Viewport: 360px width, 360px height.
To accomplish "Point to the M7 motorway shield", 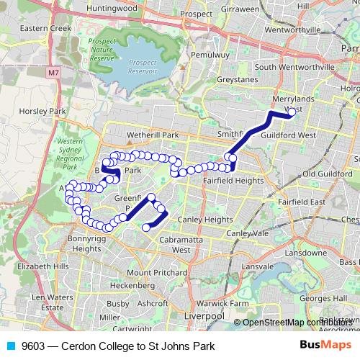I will click(54, 73).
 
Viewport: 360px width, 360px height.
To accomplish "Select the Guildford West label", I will click(287, 135).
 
